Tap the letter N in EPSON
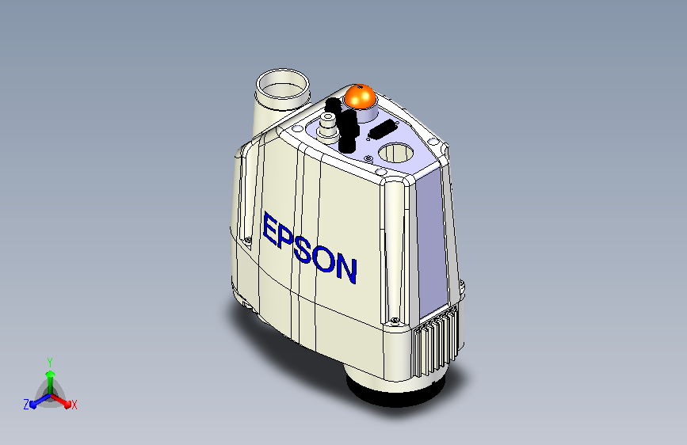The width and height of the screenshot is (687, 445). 345,269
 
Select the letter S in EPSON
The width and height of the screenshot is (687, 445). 307,249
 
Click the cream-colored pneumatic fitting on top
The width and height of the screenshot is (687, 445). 326,124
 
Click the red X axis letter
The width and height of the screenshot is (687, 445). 74,405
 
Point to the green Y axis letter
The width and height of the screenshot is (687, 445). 49,360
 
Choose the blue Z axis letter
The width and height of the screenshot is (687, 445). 26,405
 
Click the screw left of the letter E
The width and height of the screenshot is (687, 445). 249,240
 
